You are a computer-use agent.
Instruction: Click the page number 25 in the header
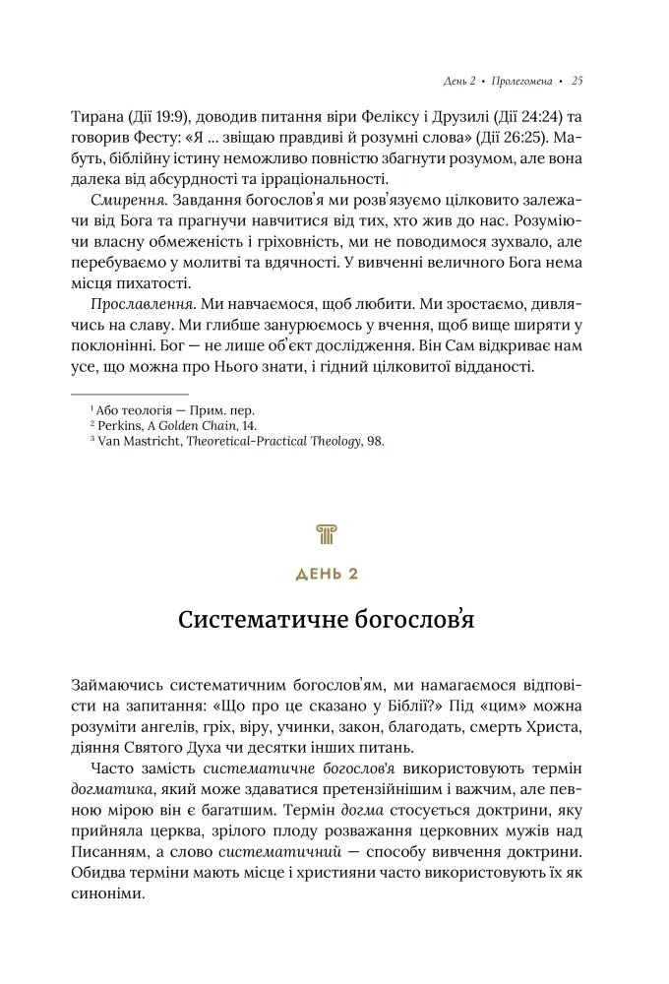(578, 80)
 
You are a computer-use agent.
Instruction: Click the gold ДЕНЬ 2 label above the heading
(327, 574)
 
